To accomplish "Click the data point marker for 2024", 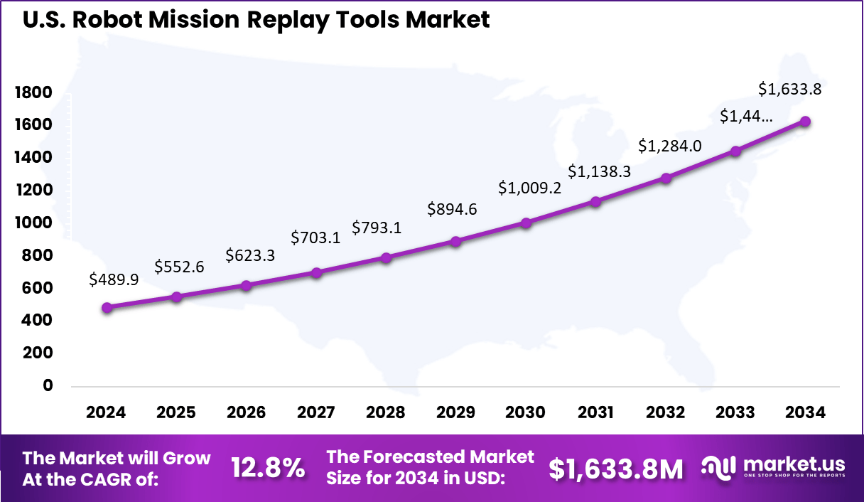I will [x=107, y=308].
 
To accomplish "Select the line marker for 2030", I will [x=526, y=223].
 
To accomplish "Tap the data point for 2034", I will [x=805, y=122].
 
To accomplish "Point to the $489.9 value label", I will [x=114, y=280].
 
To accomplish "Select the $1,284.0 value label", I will [x=670, y=146].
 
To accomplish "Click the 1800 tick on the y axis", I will [x=33, y=92].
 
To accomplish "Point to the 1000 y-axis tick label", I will [x=33, y=223].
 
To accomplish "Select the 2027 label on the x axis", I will [x=316, y=413].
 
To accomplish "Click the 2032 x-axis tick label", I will [x=666, y=413].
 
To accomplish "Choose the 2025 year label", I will [x=176, y=413].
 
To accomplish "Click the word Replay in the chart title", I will [x=288, y=19].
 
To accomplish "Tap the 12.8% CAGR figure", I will [x=269, y=468].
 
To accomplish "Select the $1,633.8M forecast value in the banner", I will [x=616, y=469].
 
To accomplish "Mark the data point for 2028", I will [x=386, y=258].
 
